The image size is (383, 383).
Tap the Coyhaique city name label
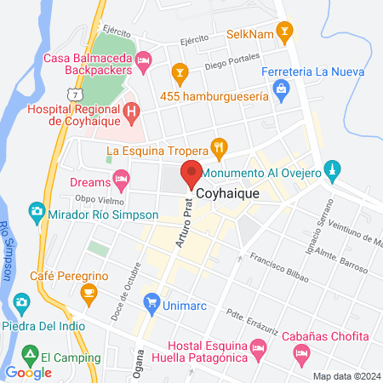point(229,194)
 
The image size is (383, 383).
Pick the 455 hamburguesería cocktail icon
point(179,71)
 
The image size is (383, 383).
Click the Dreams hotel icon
point(121,180)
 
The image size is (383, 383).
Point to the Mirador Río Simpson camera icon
point(37,210)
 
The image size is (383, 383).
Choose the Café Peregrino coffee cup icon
point(87,293)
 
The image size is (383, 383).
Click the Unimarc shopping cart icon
point(152,301)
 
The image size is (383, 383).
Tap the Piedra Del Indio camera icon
point(21,302)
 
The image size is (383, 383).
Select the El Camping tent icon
point(30,353)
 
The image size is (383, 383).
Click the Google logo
point(29,373)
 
